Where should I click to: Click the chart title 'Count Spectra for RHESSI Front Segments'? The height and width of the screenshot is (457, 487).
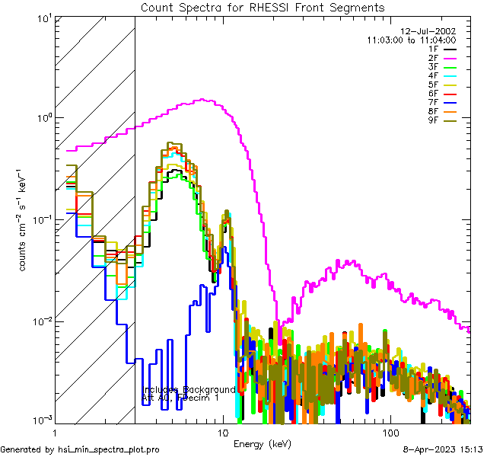263,7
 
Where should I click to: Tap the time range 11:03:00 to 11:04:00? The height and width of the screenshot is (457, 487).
411,40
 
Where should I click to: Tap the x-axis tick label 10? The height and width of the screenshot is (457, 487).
222,432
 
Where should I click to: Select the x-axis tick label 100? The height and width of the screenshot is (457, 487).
389,432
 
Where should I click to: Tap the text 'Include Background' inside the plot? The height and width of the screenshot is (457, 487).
189,389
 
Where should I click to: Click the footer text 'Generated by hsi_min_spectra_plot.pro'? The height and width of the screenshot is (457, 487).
80,449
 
